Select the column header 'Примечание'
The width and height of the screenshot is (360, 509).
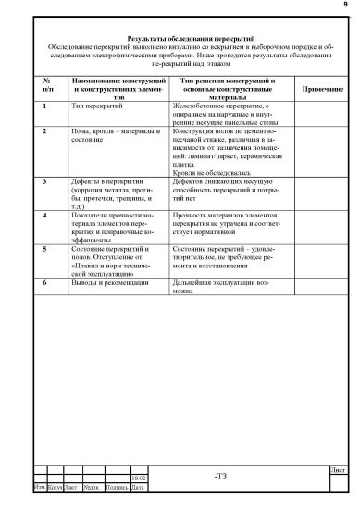click(x=318, y=89)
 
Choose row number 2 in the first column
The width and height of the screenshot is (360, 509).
click(x=45, y=132)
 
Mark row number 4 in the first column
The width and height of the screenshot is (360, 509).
click(x=45, y=214)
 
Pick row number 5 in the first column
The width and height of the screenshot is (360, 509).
click(x=45, y=249)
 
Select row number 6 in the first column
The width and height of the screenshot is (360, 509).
click(x=45, y=281)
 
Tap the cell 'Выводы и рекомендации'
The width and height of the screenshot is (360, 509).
click(x=110, y=281)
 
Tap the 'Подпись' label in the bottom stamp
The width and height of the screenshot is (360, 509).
click(x=116, y=486)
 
